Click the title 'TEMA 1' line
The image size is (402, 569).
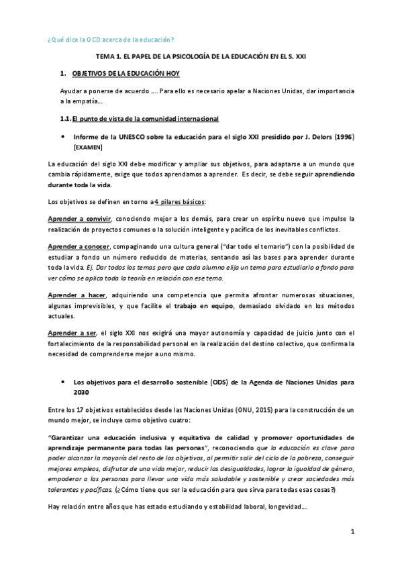point(201,58)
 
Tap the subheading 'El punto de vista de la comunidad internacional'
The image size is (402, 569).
point(145,119)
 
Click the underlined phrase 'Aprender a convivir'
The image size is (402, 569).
point(80,219)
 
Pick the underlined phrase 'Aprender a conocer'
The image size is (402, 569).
point(79,247)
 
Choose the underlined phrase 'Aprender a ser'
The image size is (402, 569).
point(72,334)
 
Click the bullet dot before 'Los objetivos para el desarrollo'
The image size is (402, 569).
point(62,382)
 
